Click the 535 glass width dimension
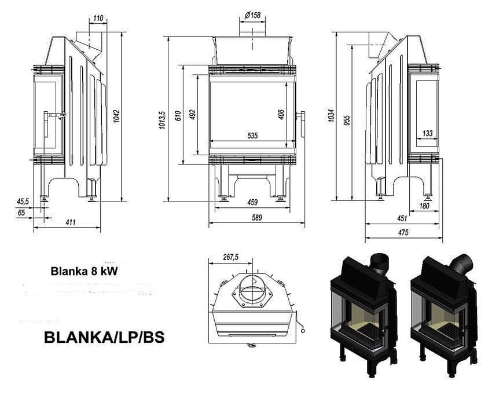252,136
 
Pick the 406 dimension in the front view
281,114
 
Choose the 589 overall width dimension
256,218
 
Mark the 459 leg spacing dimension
252,202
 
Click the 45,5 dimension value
23,202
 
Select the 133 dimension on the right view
427,134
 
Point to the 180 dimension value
424,206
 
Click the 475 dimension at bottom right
403,233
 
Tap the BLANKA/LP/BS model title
104,338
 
